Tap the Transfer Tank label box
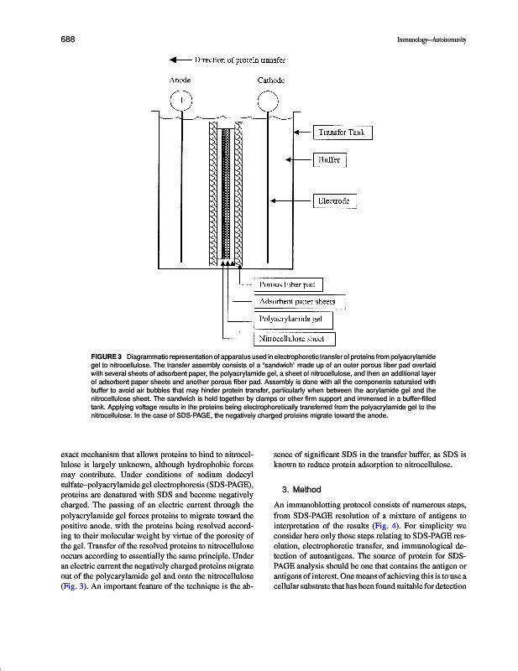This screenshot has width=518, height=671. (342, 132)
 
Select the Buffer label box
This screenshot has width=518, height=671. (327, 159)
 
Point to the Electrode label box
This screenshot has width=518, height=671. (334, 201)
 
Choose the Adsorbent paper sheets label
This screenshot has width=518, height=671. (298, 302)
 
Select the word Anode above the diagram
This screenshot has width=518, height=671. (180, 80)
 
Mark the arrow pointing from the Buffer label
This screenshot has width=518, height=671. (298, 159)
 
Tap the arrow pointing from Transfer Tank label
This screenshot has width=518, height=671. (302, 132)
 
